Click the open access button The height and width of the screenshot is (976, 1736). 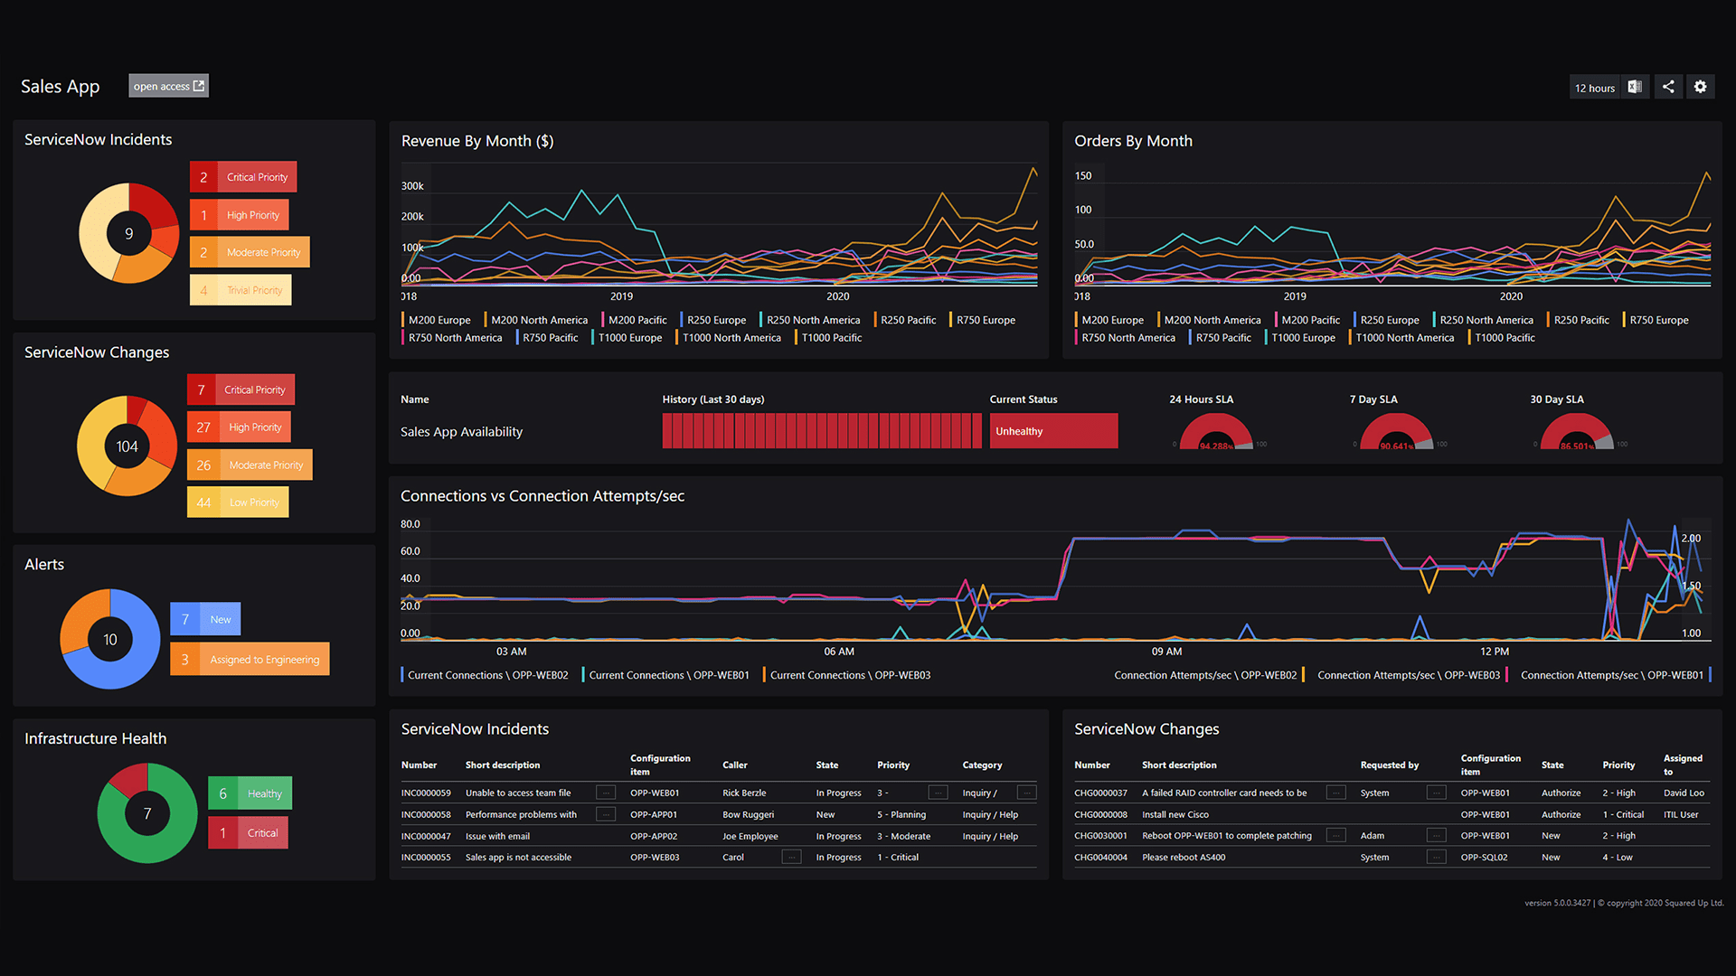point(168,86)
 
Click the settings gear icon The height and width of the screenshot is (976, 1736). point(1700,87)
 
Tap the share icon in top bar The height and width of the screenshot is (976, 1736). point(1668,87)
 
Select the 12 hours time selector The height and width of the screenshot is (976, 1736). point(1594,88)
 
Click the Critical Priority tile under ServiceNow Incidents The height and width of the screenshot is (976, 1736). point(243,177)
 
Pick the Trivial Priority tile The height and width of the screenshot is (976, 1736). point(241,290)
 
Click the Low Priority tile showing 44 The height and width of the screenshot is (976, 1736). point(238,502)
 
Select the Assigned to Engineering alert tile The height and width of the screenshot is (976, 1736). point(250,660)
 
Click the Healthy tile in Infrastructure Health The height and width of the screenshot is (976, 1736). point(250,793)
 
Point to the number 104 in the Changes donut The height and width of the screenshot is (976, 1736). point(127,446)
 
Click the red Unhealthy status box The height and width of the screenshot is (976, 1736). point(1053,431)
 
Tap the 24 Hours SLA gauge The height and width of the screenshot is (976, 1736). point(1216,432)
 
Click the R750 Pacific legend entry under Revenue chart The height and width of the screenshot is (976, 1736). point(550,338)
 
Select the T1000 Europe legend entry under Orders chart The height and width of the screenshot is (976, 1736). point(1302,338)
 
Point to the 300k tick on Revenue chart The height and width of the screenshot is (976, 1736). point(412,186)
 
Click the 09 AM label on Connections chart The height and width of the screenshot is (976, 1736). point(1166,652)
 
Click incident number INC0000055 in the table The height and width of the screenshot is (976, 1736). point(426,858)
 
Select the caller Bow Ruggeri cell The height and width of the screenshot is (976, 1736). point(748,815)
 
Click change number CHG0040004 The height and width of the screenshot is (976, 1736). point(1100,858)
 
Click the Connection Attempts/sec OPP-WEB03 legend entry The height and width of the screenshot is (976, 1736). point(1408,675)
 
